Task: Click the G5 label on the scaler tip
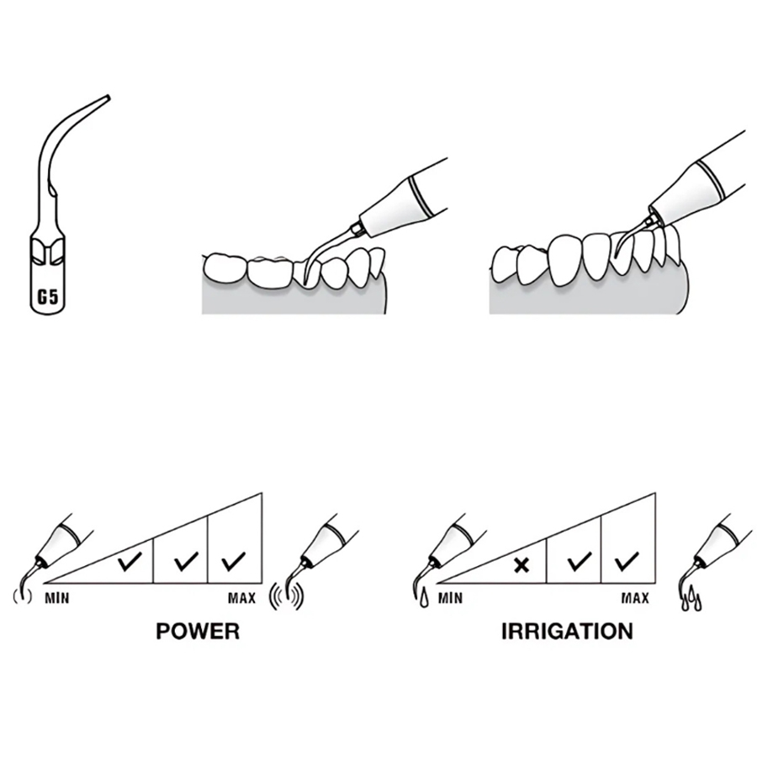[44, 295]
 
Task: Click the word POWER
[197, 631]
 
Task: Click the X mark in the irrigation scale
[521, 564]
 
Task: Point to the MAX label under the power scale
[241, 599]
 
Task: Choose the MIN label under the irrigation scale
[450, 599]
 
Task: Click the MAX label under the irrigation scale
[635, 599]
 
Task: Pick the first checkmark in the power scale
[129, 561]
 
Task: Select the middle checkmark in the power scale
[183, 561]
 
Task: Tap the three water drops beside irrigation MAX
[691, 599]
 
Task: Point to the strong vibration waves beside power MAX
[285, 596]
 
